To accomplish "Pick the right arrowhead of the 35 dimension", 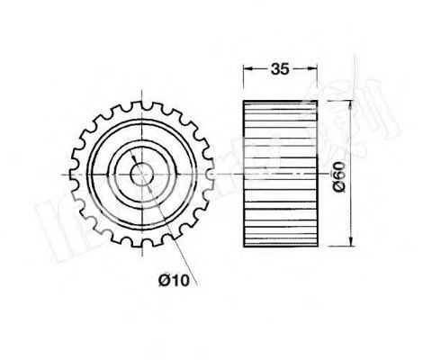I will click(x=316, y=67).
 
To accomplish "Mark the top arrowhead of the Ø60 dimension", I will click(x=348, y=102).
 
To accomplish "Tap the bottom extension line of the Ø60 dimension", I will click(x=337, y=245).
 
